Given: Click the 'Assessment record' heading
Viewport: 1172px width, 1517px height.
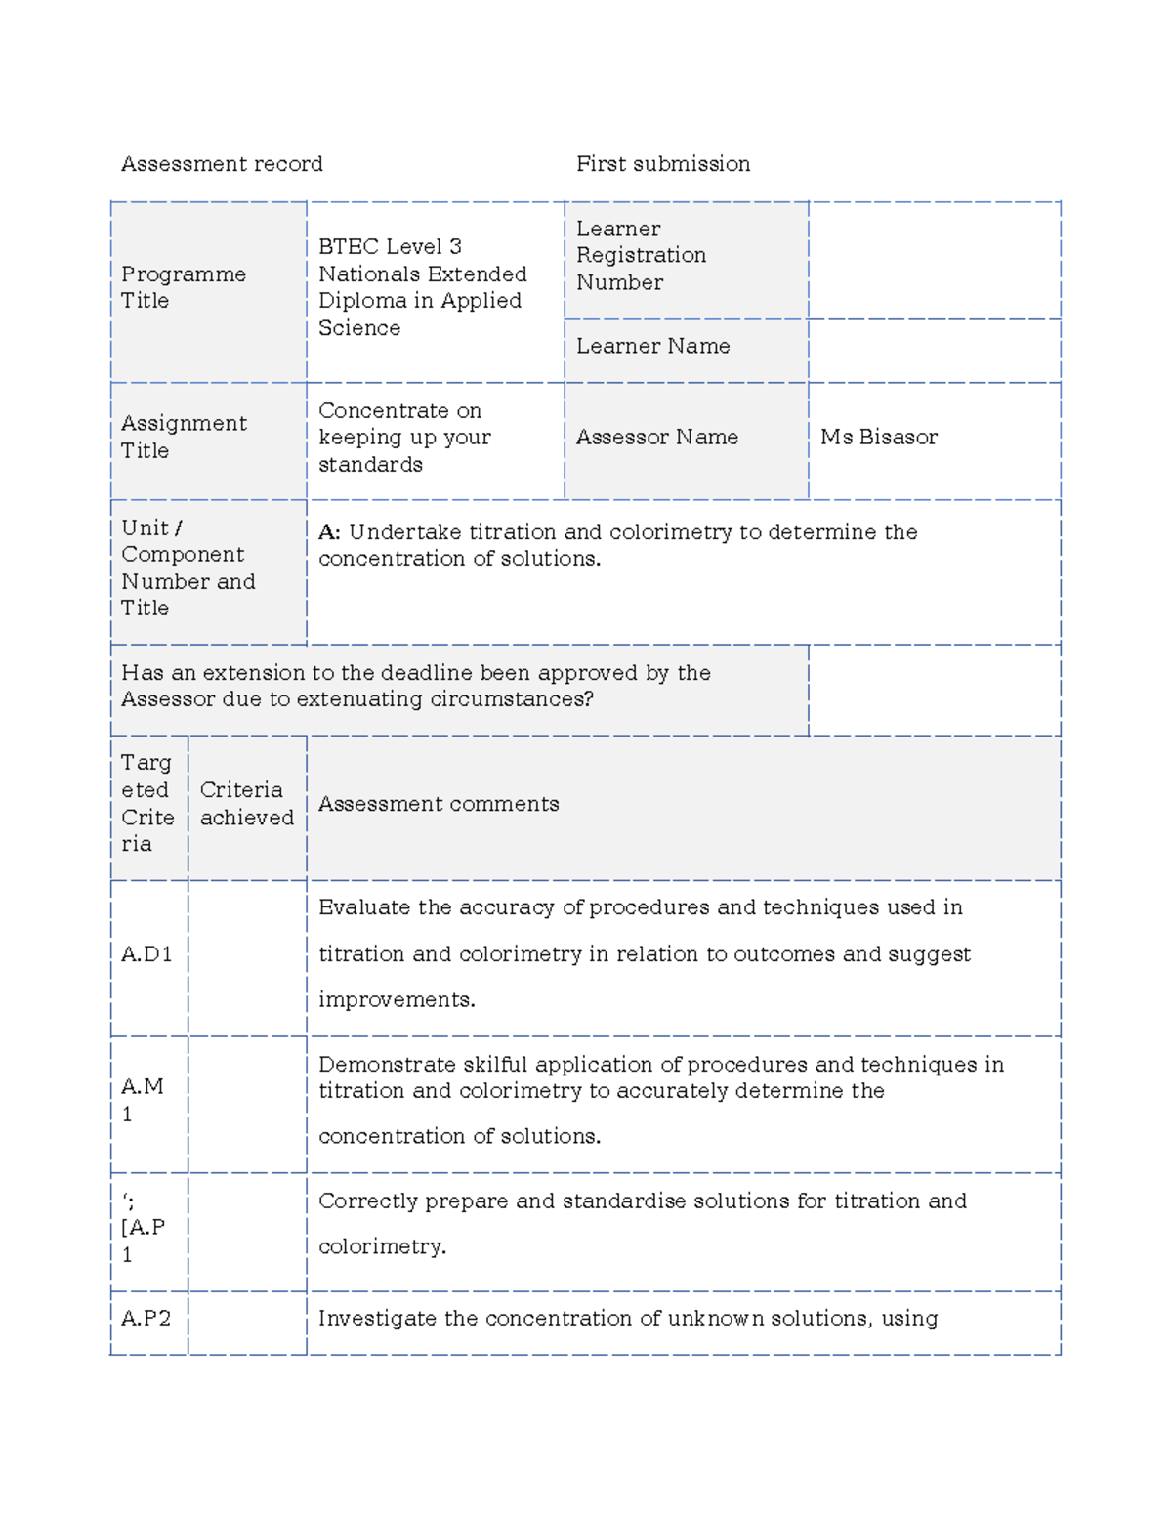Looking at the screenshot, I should click(x=222, y=164).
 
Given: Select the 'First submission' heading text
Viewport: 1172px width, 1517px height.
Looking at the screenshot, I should click(x=663, y=164).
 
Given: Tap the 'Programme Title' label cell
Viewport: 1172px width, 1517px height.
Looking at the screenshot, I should click(x=184, y=287).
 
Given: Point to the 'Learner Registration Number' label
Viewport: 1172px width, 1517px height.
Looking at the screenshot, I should click(x=641, y=256).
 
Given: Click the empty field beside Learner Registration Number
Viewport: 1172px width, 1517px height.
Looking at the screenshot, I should click(x=935, y=260).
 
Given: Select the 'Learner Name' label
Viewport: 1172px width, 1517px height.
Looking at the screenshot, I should click(x=652, y=347).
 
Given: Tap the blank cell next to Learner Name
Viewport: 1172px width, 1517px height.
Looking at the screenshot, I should click(x=935, y=351).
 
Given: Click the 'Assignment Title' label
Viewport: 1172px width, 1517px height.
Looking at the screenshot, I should click(x=184, y=437).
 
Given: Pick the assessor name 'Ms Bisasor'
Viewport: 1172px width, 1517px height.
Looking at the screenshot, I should click(x=878, y=438).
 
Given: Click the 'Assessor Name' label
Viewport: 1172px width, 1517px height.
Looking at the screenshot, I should click(x=656, y=438).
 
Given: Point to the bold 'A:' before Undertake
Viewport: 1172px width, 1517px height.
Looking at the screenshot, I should click(x=329, y=532).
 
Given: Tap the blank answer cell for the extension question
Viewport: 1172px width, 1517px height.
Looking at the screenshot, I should click(x=935, y=690).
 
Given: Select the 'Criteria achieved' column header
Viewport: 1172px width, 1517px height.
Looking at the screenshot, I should click(x=246, y=804).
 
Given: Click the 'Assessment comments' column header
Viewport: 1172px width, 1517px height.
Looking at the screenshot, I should click(x=439, y=804).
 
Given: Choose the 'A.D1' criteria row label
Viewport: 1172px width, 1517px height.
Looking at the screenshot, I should click(x=146, y=954).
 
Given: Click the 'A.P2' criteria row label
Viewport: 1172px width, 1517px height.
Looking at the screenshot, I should click(x=146, y=1319).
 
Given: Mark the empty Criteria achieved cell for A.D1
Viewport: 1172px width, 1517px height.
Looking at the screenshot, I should click(x=247, y=957).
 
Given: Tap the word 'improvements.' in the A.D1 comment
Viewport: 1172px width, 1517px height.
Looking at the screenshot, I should click(x=397, y=1000).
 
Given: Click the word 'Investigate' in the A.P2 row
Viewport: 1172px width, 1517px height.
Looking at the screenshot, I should click(x=377, y=1319).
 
